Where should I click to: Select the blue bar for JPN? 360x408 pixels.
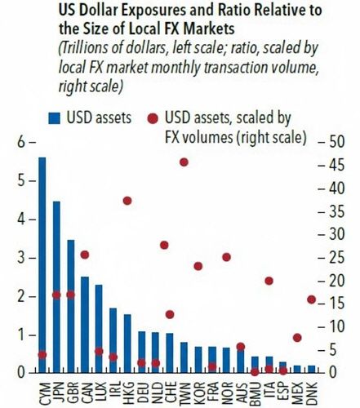[56, 286]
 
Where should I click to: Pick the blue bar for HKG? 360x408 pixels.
[127, 343]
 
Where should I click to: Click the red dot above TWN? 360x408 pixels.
[184, 162]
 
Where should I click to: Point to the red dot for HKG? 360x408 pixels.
[127, 201]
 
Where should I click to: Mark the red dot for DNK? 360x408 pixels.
[311, 299]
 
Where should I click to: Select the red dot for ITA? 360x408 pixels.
[269, 281]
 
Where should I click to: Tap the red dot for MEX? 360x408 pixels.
[297, 337]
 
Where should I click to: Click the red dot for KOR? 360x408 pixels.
[198, 266]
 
